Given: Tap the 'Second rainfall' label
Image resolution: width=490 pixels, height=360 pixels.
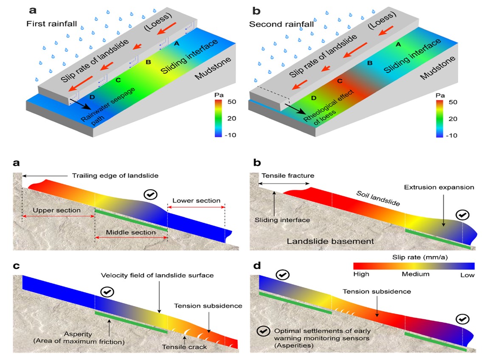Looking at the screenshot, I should tap(282, 24).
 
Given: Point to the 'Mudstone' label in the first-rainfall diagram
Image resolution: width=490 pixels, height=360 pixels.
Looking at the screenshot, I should tap(213, 68).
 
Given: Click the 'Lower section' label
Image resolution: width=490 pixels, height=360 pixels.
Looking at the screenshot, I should tap(196, 200).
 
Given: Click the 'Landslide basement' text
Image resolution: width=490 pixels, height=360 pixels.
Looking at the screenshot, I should tap(330, 241).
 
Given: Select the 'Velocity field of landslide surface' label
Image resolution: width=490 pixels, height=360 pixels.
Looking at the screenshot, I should tap(157, 276).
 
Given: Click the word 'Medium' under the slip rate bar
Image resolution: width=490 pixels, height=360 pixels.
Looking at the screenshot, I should tap(415, 275).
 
